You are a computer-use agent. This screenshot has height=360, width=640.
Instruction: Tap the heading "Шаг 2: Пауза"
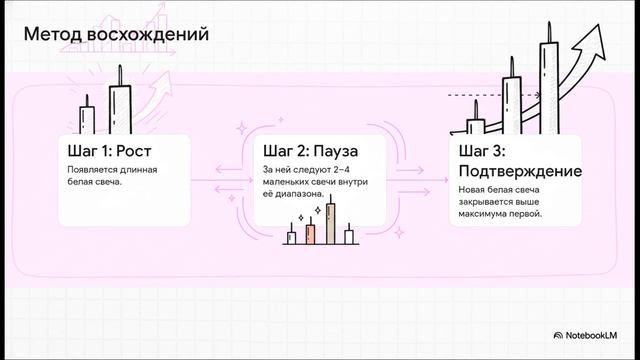click(x=310, y=151)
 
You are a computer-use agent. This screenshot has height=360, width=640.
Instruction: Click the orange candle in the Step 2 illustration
click(x=310, y=232)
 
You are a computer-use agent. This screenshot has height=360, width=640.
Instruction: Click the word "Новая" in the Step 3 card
click(x=474, y=189)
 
